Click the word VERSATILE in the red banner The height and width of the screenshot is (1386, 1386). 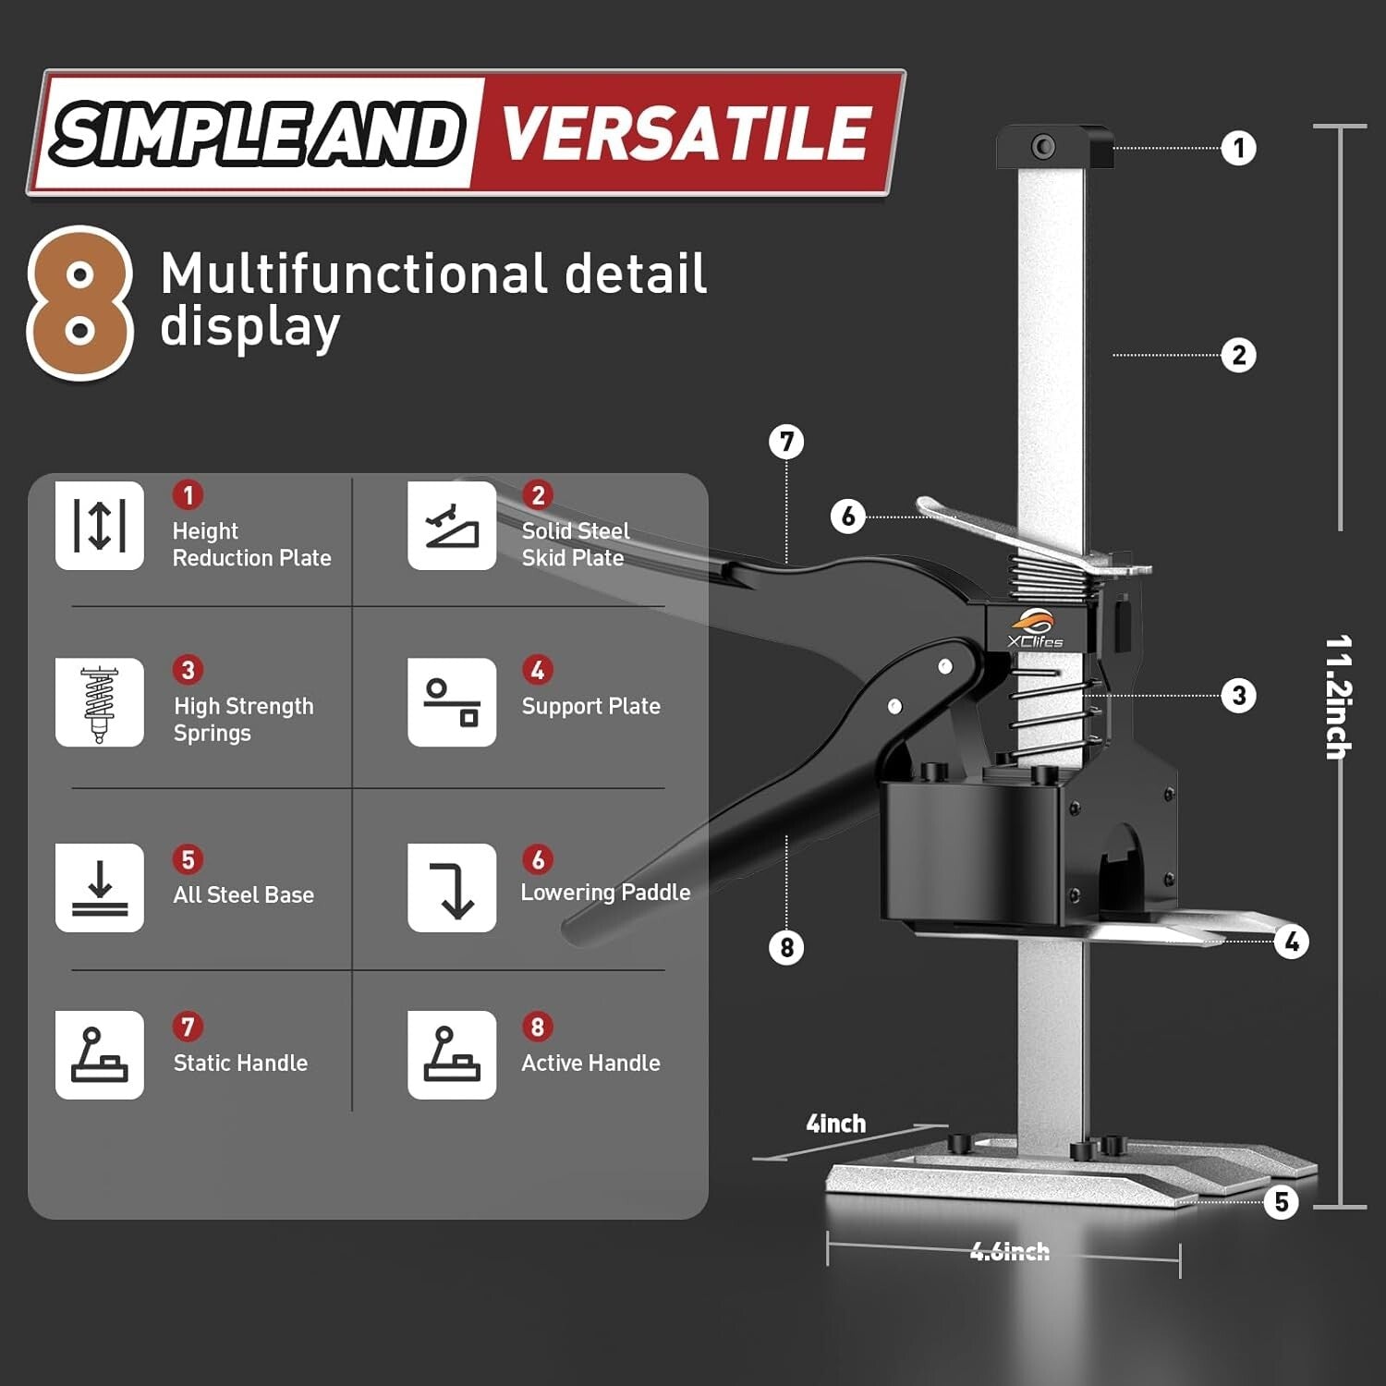coord(685,133)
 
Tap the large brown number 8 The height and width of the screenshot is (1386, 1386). coord(79,303)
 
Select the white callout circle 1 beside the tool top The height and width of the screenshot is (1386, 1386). coord(1238,148)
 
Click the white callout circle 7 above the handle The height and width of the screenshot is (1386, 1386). coord(786,442)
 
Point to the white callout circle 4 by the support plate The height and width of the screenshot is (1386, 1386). coord(1291,942)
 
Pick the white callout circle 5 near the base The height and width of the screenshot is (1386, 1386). coord(1281,1202)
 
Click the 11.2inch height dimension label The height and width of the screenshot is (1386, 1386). coord(1338,697)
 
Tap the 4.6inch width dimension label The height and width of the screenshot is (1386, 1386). coord(1009,1252)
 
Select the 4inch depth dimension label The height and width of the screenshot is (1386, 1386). coord(836,1124)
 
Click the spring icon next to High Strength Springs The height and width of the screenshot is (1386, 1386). coord(100,702)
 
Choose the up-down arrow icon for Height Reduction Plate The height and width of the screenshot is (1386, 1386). coord(100,525)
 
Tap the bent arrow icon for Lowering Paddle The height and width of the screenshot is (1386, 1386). coord(452,888)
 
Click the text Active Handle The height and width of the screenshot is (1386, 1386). coord(590,1064)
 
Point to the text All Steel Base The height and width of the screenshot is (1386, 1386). coord(244,894)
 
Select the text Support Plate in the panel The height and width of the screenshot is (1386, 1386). coord(590,706)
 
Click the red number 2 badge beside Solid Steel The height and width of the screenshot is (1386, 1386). coord(538,495)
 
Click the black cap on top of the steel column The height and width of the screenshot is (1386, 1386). coord(1054,147)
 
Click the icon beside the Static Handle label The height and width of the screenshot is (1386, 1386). coord(100,1055)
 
